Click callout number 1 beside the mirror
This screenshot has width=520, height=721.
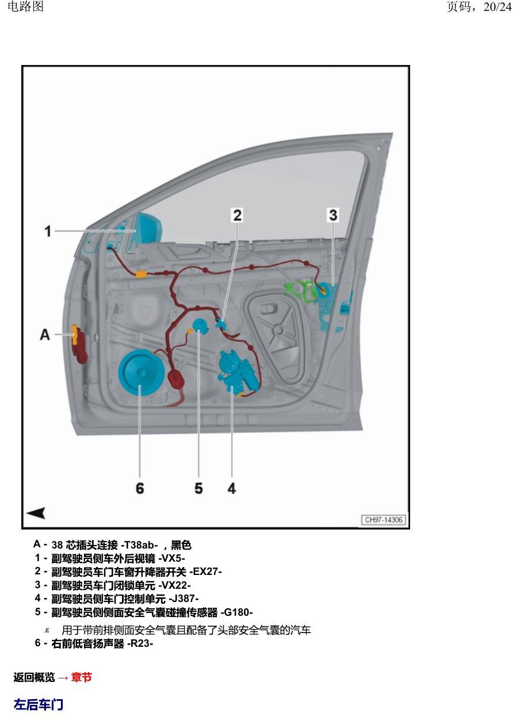tap(48, 231)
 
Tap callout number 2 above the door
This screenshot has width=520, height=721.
tap(238, 215)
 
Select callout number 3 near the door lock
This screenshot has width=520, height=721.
tap(333, 215)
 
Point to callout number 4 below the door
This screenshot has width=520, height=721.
tap(231, 488)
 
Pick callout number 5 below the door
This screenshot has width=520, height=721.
tap(198, 488)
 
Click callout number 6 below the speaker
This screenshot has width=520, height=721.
tap(140, 488)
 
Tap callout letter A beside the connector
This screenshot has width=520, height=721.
tap(45, 335)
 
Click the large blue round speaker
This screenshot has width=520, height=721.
tap(142, 374)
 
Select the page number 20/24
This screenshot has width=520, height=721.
tap(497, 7)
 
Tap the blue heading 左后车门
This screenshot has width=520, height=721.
tap(39, 704)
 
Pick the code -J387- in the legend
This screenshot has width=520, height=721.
tap(183, 599)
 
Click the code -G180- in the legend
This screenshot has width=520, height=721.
tap(236, 612)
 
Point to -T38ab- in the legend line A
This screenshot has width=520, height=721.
tap(139, 545)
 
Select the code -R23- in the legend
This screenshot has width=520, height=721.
tap(140, 643)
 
